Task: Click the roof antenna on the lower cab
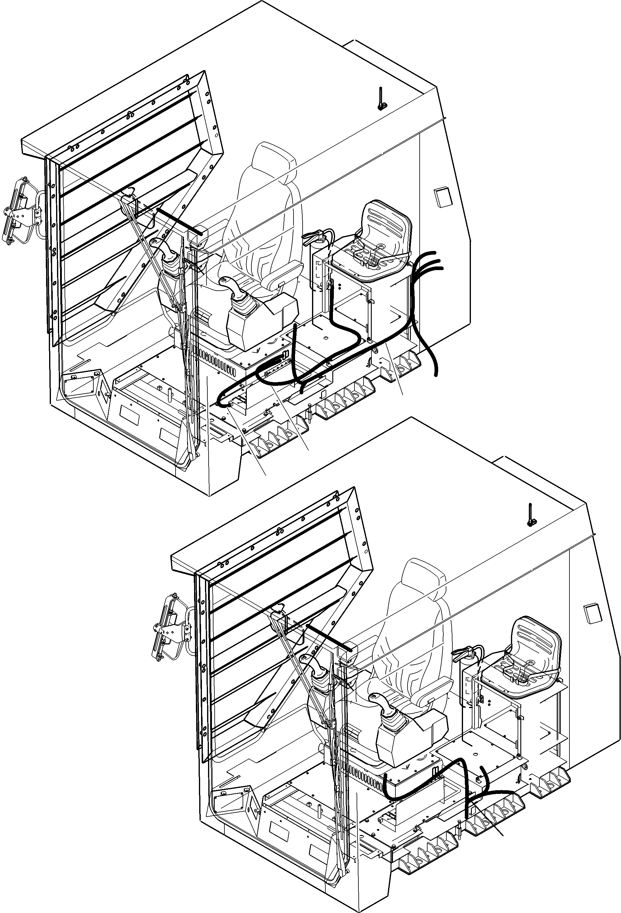[x=531, y=515]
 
